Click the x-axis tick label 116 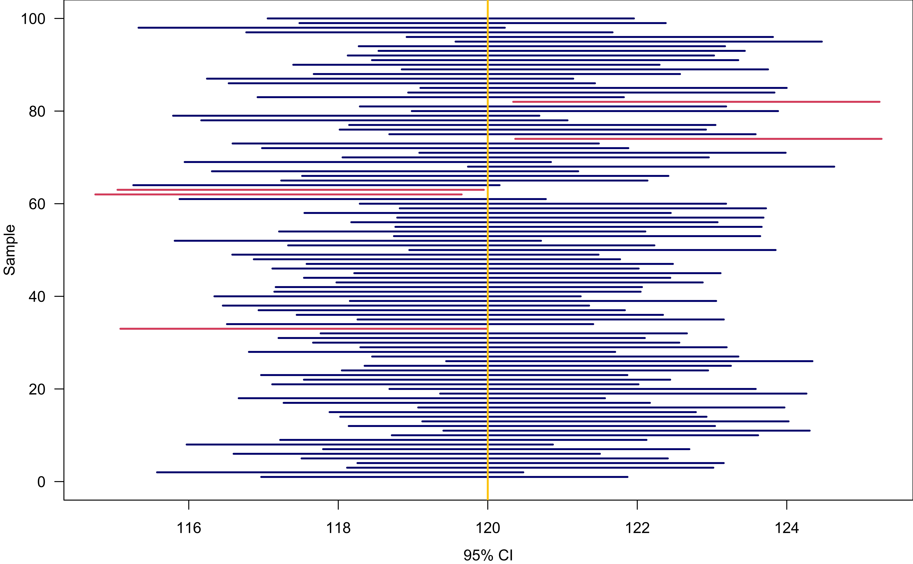[189, 528]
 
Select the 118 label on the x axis [338, 528]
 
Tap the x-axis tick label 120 [488, 528]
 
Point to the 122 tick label [637, 528]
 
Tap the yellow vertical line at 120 [488, 261]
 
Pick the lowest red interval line [303, 329]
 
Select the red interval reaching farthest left [278, 194]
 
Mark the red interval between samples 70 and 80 [698, 139]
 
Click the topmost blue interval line [451, 18]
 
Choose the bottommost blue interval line [444, 477]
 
